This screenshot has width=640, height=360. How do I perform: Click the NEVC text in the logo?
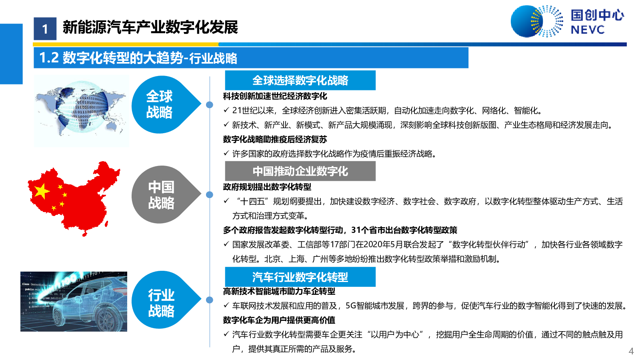588,30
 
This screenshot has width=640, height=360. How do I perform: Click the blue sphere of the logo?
526,22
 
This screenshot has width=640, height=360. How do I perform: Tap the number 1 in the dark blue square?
45,29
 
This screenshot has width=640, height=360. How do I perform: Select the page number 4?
631,351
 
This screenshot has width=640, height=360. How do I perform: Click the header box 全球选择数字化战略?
300,80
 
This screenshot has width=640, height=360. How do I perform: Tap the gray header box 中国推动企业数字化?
300,171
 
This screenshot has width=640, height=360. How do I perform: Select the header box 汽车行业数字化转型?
300,277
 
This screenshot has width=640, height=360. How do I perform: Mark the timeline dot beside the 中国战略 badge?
210,194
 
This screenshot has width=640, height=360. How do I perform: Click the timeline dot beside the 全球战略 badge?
210,104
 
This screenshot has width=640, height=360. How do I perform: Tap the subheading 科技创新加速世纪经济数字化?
275,96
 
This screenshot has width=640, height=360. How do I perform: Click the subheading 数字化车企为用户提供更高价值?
279,320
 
